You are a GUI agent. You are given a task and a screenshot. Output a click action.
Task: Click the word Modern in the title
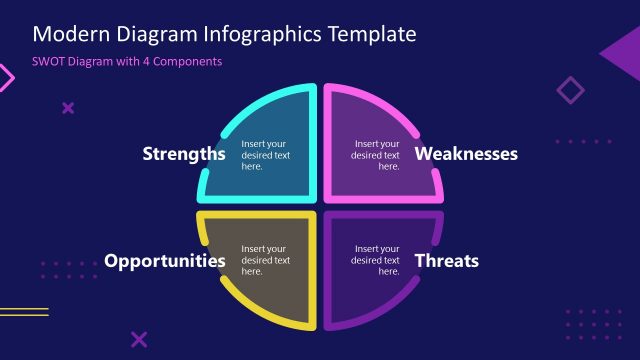(x=68, y=34)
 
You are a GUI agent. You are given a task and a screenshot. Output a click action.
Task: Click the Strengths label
(x=184, y=154)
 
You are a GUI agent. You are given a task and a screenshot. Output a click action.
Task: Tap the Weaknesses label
(x=466, y=154)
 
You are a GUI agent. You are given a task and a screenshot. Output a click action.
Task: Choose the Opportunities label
(x=164, y=261)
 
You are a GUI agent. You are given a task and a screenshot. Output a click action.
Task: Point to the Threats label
(x=447, y=261)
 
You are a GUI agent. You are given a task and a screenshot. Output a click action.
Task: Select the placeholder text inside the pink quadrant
(x=376, y=155)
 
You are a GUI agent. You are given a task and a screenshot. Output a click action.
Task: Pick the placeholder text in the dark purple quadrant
(x=376, y=260)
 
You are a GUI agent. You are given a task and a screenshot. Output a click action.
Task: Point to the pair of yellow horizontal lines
(x=23, y=312)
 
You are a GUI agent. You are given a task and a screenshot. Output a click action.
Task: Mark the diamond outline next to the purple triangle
(x=570, y=91)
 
